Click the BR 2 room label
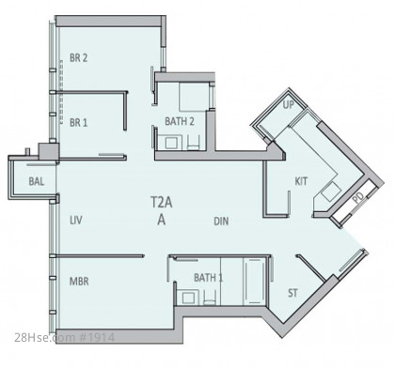coord(78,58)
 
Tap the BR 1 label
coord(78,122)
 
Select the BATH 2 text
coord(180,121)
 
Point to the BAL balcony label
coord(37,181)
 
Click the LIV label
coord(76,221)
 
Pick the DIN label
coord(221,222)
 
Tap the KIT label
coord(301,181)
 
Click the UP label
coord(289,105)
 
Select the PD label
coord(358,198)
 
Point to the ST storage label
coord(292,293)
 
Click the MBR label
coord(79,281)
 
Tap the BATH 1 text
coord(209,277)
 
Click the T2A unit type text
coord(162,203)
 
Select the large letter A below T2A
coord(162,220)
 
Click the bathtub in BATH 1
coord(255,281)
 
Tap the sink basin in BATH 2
coord(170,144)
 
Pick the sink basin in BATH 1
coord(188,299)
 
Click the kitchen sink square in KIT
coord(331,192)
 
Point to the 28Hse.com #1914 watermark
coord(65,337)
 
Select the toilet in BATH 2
coord(194,143)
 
